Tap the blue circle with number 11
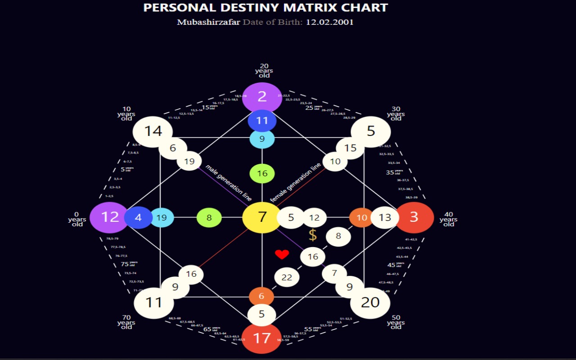point(262,121)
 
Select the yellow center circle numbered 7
point(262,217)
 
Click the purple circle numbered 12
point(109,217)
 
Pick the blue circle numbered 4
point(138,217)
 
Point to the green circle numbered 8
point(209,218)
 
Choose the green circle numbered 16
point(262,173)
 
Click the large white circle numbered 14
point(153,131)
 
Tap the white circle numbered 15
point(350,148)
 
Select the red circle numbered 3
point(414,217)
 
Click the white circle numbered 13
point(385,218)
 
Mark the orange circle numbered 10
point(361,217)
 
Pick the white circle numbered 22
point(287,278)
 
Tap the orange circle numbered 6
point(261,297)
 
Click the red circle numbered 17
point(262,338)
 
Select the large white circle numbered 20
point(370,302)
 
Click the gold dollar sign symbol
point(313,235)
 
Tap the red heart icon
point(282,255)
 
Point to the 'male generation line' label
point(229,183)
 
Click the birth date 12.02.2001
point(329,22)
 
